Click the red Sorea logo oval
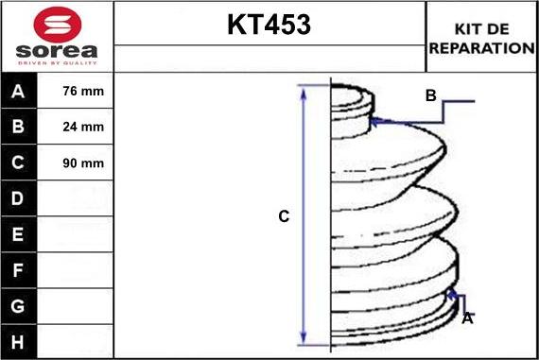coord(58,25)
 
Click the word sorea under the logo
coord(57,51)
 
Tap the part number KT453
coord(269,25)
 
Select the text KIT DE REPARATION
coord(481,39)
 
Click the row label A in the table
coord(18,92)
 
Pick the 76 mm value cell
coord(83,91)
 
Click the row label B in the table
coord(18,127)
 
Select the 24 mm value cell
coord(83,127)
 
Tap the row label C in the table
coord(18,163)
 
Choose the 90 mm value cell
coord(83,163)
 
